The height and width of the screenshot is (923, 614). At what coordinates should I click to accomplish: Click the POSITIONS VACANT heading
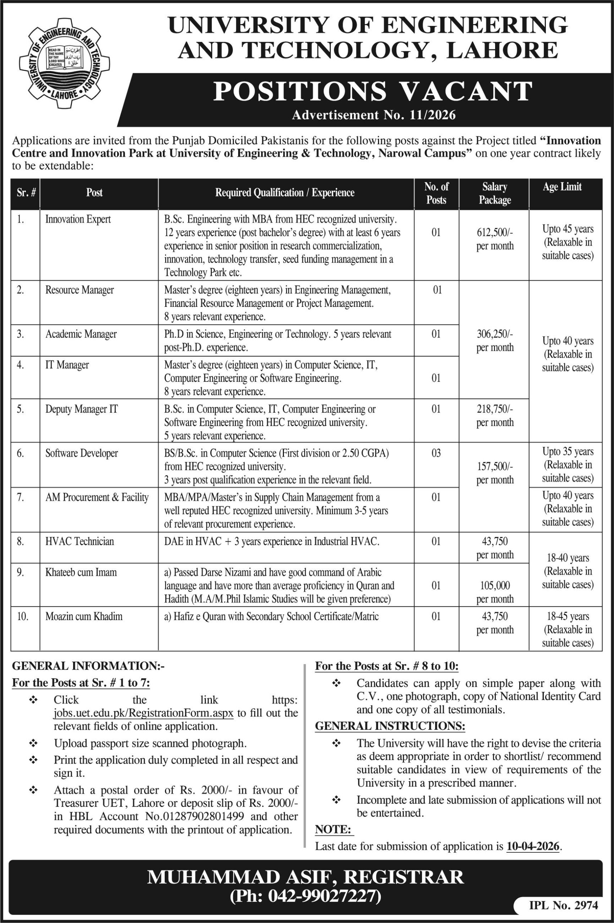(x=372, y=91)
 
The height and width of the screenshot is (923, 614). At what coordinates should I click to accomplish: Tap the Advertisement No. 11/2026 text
(x=374, y=115)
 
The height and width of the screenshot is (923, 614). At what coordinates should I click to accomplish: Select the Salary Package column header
(x=495, y=193)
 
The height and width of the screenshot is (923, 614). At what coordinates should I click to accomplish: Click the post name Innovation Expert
(x=78, y=219)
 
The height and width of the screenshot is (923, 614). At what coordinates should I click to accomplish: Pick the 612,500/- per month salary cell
(x=495, y=239)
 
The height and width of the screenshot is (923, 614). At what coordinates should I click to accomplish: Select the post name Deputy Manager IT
(x=81, y=409)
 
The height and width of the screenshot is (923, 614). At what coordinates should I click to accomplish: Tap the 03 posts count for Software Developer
(x=436, y=453)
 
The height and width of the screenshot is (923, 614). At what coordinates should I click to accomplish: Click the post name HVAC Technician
(x=80, y=541)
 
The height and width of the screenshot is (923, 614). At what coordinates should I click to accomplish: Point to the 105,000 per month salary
(x=495, y=592)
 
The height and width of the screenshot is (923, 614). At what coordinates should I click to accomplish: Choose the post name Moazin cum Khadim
(x=84, y=616)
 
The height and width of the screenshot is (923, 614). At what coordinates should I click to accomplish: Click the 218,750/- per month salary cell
(x=495, y=416)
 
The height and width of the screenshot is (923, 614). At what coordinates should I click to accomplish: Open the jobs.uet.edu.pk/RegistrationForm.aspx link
(x=144, y=713)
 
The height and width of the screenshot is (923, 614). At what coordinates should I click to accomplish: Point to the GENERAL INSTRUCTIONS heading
(x=390, y=726)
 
